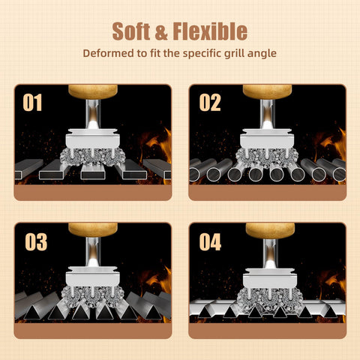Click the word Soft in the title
click(x=131, y=31)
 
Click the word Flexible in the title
click(x=210, y=31)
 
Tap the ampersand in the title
click(x=161, y=31)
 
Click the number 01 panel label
click(x=32, y=103)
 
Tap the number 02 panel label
click(x=210, y=103)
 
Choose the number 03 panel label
click(x=36, y=242)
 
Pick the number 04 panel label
click(x=210, y=242)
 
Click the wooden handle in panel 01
click(x=93, y=91)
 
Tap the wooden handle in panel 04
click(x=270, y=230)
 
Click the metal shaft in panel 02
click(x=267, y=114)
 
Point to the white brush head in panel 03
click(x=93, y=277)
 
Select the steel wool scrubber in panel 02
click(x=267, y=157)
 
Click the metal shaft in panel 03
click(x=93, y=252)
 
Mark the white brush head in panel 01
click(x=93, y=139)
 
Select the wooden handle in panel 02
click(x=267, y=91)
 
